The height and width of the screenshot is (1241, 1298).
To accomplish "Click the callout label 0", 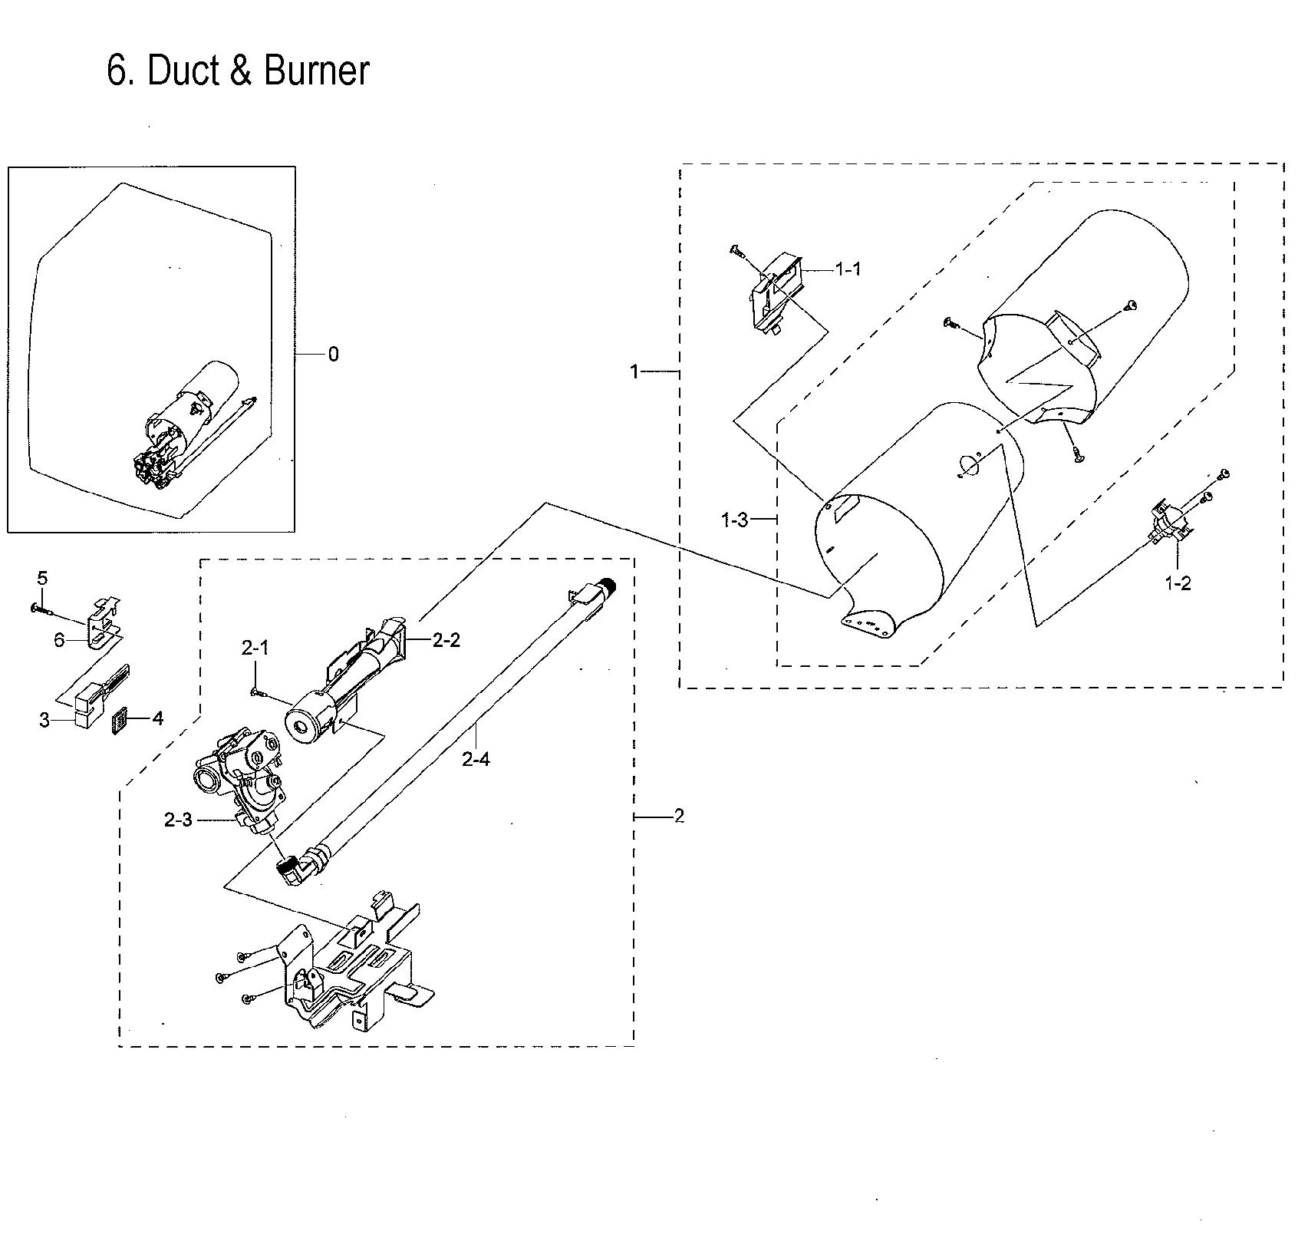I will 333,355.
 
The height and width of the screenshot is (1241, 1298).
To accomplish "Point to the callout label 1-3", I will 734,520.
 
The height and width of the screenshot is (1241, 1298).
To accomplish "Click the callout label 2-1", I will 255,649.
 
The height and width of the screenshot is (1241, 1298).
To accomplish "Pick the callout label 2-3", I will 178,820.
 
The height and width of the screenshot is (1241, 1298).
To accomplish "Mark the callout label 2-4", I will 476,760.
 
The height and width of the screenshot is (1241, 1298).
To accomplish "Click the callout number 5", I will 42,576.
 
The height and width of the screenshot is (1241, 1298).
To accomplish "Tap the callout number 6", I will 59,639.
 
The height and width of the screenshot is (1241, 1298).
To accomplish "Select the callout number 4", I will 157,718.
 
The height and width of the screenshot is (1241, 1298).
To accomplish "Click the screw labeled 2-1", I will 259,692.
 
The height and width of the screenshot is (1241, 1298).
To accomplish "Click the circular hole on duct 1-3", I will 970,464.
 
